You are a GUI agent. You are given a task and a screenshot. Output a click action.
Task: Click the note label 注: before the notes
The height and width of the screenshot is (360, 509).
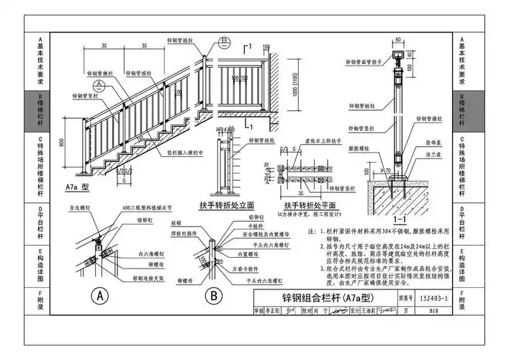pyautogui.click(x=312, y=232)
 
